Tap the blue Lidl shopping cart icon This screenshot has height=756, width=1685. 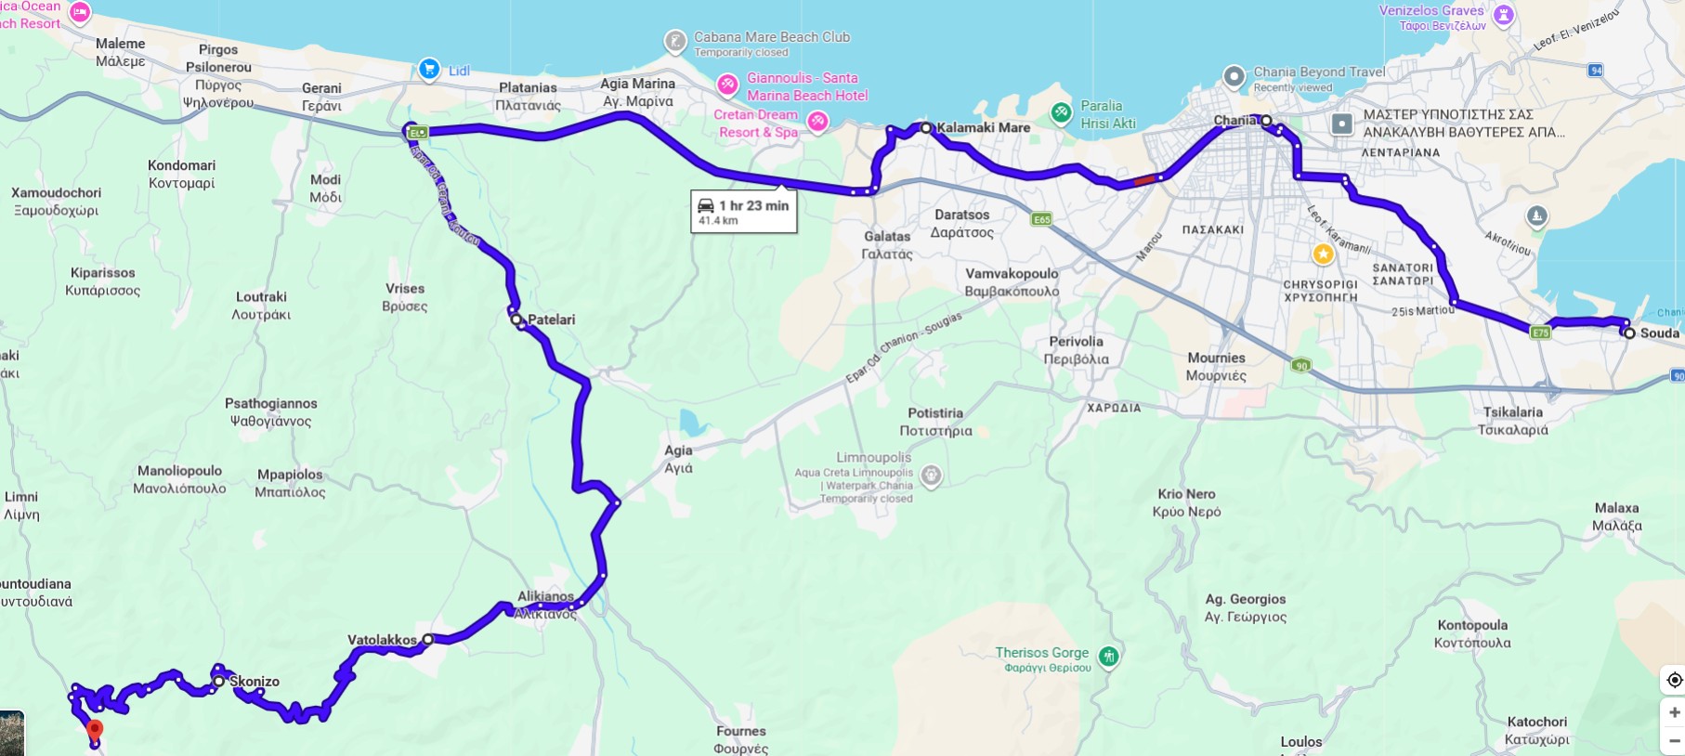pos(428,69)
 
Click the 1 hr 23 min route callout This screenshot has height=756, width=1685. pos(744,211)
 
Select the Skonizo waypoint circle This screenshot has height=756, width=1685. pos(218,681)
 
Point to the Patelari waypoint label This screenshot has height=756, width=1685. pos(551,319)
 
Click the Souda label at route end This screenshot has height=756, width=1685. pos(1659,332)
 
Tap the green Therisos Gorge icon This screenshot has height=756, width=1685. pos(1107,657)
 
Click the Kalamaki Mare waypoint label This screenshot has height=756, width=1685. pos(983,127)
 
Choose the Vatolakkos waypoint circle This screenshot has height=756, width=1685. pos(427,639)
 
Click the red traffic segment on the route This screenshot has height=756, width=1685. pos(1144,180)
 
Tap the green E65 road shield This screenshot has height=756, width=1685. pos(1041,219)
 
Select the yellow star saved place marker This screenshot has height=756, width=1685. pos(1323,254)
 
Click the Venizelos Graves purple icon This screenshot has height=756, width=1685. pos(1503,14)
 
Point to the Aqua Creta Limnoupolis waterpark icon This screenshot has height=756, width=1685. pos(931,476)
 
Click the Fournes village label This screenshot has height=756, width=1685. pos(740,731)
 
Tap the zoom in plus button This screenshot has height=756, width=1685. pos(1674,712)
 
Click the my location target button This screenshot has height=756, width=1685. pos(1674,680)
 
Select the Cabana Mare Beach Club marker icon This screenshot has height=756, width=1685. pos(675,42)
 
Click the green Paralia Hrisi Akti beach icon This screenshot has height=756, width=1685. pos(1061,113)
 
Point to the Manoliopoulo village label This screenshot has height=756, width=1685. pos(179,471)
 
